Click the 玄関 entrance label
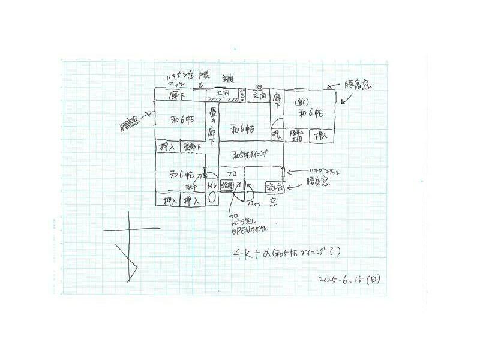coord(259,95)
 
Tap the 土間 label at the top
coord(223,94)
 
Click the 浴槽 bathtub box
coord(227,185)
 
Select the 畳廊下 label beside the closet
coord(192,146)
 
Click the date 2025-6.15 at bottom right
coord(350,280)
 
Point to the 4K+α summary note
coord(287,253)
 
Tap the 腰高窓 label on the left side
coord(130,125)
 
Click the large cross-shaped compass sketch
coord(129,246)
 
